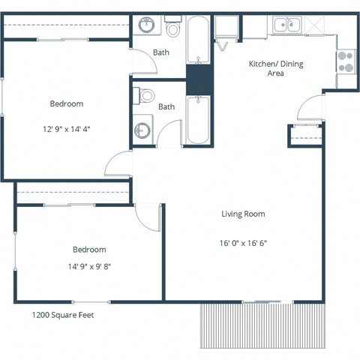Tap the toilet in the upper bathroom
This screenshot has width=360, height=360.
pos(174,29)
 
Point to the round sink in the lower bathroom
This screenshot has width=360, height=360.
pos(142,131)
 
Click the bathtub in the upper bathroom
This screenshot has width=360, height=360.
pos(198,41)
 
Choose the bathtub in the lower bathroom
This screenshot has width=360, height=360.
pos(198,118)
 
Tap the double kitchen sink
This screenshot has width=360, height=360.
pos(286,25)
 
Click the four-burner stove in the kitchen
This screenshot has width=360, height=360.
pos(346,61)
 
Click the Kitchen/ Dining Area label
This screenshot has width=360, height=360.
pos(276,69)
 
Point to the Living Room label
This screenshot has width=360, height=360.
pos(243,214)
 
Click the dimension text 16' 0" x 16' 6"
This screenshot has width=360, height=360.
pos(243,243)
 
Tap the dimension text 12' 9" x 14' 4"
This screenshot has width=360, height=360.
pos(66,129)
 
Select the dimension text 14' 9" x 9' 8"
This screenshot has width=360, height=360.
pos(88,265)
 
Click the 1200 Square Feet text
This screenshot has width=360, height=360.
pos(63,316)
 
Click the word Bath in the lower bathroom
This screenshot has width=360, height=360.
pos(166,106)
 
